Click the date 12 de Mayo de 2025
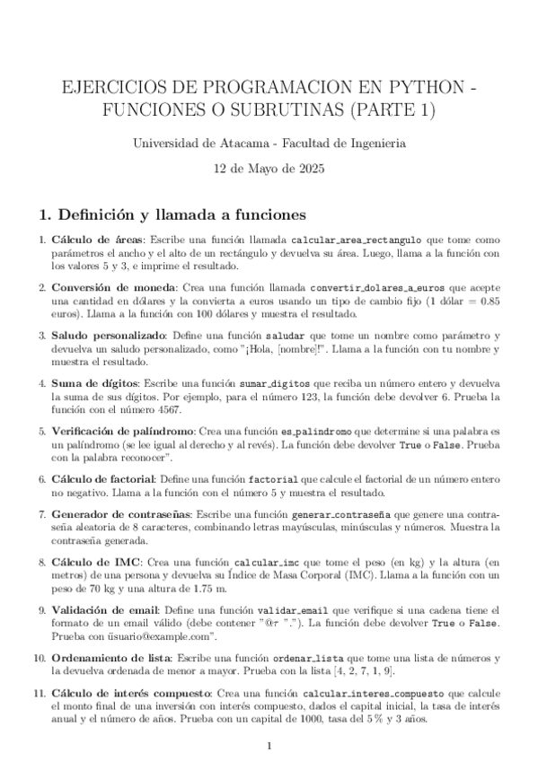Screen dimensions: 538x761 pos(269,168)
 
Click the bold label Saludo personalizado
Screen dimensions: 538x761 pos(106,335)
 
